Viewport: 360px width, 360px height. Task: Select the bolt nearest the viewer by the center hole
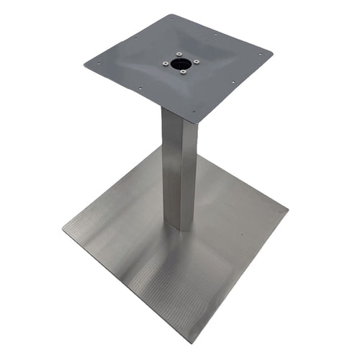[x=184, y=71]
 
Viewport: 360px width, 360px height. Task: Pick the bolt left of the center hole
[x=165, y=64]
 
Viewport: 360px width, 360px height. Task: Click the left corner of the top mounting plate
[x=84, y=63]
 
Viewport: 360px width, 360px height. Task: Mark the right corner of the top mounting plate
[x=273, y=53]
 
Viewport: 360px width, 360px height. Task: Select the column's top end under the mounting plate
[x=177, y=115]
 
